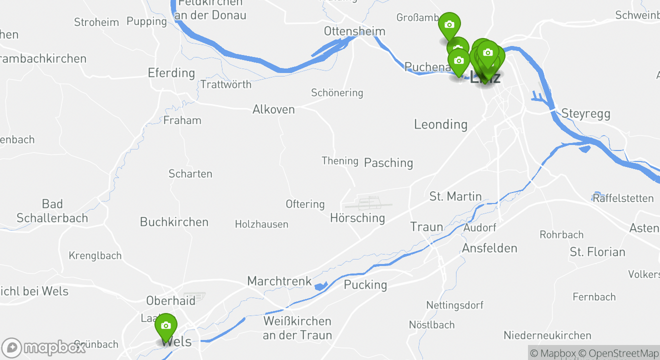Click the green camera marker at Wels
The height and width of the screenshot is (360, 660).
[166, 326]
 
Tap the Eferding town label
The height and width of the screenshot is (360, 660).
[171, 73]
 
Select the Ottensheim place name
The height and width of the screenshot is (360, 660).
[354, 31]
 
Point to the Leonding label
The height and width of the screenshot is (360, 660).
[440, 124]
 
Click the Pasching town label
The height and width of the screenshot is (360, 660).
[388, 162]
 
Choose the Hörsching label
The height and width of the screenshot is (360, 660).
[357, 218]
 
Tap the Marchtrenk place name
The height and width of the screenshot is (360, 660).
[279, 281]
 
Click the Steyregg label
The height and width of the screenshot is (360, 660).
[586, 113]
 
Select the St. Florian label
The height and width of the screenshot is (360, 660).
[597, 252]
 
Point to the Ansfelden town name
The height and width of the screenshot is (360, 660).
[489, 248]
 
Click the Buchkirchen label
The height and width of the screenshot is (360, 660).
[174, 222]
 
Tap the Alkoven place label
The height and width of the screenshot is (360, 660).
[273, 109]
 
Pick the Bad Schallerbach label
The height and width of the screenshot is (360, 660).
[52, 211]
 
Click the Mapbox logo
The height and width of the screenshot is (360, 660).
[43, 347]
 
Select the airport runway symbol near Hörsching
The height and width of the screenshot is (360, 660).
[368, 203]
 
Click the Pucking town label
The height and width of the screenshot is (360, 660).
[365, 284]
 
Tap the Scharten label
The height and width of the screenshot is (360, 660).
[190, 174]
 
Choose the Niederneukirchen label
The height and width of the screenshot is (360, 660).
[547, 335]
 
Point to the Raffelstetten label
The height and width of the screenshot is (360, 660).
[623, 198]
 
